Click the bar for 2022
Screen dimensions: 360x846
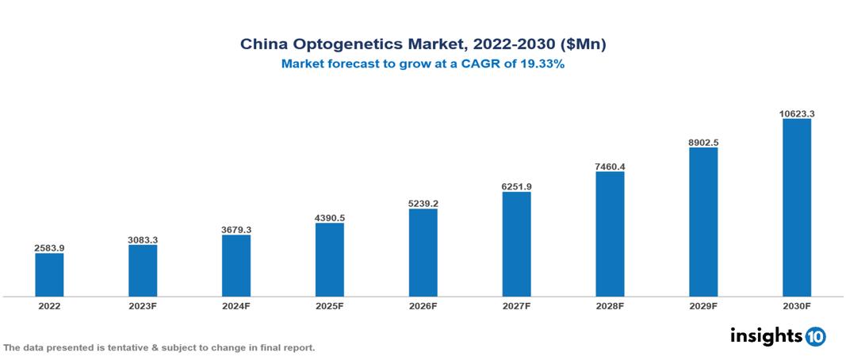click(x=49, y=274)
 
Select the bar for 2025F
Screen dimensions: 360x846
click(x=330, y=259)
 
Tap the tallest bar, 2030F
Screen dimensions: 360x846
click(x=797, y=208)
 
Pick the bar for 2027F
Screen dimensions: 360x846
click(x=516, y=244)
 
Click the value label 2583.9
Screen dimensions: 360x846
click(x=49, y=248)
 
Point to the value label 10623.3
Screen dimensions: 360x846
click(x=797, y=113)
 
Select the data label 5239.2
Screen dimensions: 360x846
click(x=423, y=203)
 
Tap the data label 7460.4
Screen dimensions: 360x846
click(x=610, y=167)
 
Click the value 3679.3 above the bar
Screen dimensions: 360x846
click(x=236, y=230)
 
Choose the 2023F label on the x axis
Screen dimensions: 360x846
click(x=143, y=305)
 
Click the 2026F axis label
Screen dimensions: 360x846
click(x=423, y=305)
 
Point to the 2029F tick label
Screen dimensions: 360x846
click(x=703, y=305)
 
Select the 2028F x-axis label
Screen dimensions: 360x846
click(x=610, y=305)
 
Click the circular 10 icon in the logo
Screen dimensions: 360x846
click(x=815, y=336)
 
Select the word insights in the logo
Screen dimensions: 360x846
click(x=766, y=335)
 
